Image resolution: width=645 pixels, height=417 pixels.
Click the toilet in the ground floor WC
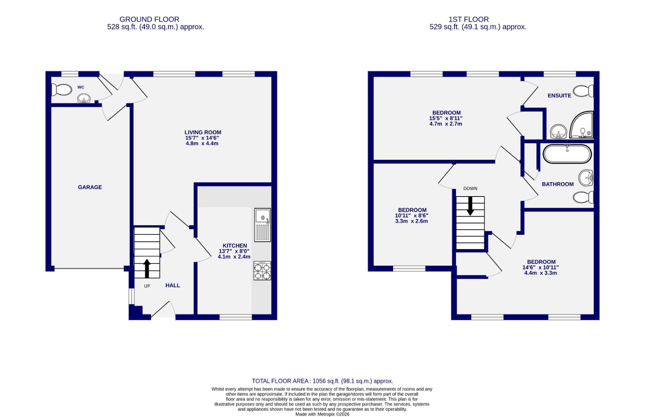62,90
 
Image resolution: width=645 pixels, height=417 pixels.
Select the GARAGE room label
90,187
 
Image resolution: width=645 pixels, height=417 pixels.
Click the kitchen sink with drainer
263,225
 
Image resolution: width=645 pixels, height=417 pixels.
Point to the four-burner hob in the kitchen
262,271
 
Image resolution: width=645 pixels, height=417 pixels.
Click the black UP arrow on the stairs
147,268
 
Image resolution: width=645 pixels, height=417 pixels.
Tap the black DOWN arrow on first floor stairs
470,206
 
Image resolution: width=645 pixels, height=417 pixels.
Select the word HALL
173,285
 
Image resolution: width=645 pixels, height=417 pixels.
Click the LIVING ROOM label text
203,132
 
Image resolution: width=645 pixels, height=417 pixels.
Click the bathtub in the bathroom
567,154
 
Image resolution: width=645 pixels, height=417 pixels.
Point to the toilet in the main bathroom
584,198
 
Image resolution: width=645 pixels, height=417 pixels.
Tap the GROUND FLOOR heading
149,19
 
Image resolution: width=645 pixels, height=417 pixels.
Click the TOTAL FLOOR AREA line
322,381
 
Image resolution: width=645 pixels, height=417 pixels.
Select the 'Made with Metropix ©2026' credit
322,414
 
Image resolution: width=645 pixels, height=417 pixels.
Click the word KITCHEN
235,246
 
